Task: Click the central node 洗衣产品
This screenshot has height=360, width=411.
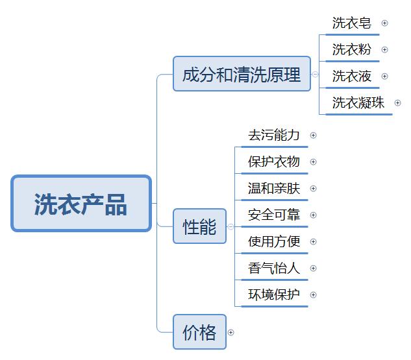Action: tap(81, 203)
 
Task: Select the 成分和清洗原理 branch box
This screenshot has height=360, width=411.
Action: tap(242, 74)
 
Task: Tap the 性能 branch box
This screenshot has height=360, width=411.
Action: tap(199, 226)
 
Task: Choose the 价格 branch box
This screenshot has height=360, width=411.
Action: tap(199, 332)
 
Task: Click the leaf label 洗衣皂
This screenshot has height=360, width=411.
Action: tap(352, 23)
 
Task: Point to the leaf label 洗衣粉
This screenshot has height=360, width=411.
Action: tap(352, 50)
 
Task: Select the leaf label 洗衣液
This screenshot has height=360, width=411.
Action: tap(352, 77)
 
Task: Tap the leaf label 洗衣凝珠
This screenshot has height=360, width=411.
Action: tap(358, 102)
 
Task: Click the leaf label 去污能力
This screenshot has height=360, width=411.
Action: tap(274, 136)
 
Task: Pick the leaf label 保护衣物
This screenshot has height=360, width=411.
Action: tap(274, 162)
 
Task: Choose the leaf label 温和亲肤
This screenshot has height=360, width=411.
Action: tap(274, 189)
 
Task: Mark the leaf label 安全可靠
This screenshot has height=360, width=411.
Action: tap(274, 215)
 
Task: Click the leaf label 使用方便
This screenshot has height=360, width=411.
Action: tap(274, 242)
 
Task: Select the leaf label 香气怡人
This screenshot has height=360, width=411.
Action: tap(274, 269)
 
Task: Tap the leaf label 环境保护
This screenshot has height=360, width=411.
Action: tap(274, 295)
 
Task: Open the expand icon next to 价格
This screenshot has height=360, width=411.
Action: tap(230, 333)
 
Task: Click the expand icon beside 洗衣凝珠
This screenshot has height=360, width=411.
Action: tap(398, 102)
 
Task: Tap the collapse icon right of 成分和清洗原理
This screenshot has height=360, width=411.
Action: tap(316, 74)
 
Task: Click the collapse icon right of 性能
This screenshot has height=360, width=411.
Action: tap(230, 227)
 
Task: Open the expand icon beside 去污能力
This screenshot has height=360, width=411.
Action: tap(314, 136)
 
